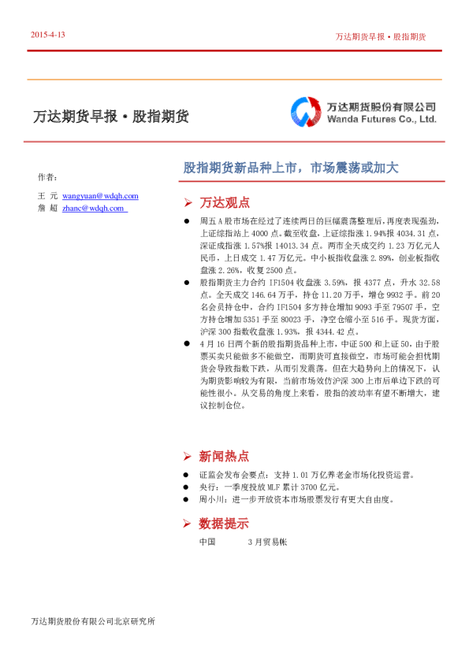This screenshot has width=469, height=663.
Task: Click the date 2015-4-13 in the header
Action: tap(47, 35)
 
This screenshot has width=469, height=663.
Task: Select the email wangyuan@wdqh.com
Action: tap(100, 195)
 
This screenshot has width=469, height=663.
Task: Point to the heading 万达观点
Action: tap(225, 202)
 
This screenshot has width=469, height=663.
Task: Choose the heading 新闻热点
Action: tap(225, 456)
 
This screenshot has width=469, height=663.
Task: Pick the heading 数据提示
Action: tap(225, 524)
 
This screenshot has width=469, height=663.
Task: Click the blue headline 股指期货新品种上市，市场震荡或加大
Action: tap(292, 168)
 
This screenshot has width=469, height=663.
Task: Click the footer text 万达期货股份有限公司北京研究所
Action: tap(93, 621)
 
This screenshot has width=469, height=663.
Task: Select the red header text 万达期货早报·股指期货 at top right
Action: tap(381, 37)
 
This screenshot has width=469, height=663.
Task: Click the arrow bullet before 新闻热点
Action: tap(187, 457)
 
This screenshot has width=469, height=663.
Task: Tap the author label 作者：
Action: tap(47, 176)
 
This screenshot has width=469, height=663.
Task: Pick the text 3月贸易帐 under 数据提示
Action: tap(267, 543)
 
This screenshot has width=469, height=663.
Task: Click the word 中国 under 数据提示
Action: tap(208, 543)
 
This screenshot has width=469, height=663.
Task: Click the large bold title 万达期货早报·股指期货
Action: tap(110, 117)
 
